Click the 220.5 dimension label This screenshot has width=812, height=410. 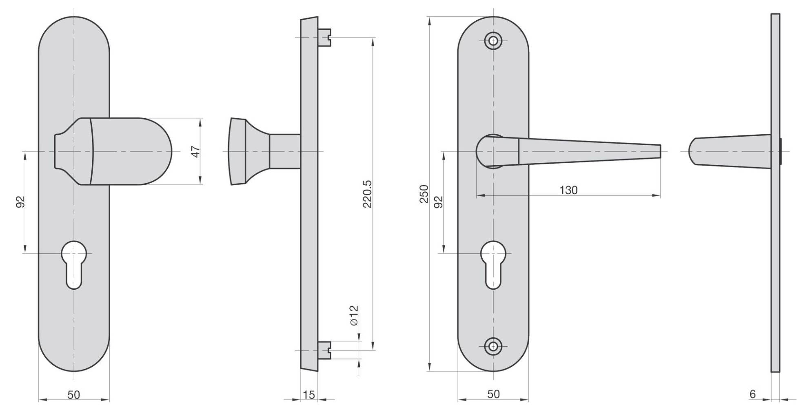pos(367,194)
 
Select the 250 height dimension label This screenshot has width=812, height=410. pos(424,194)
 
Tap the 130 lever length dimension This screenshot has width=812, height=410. pos(568,190)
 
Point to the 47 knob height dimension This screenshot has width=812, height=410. pos(196,151)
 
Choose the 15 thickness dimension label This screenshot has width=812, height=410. pos(309,394)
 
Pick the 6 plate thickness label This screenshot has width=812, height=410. pos(752,394)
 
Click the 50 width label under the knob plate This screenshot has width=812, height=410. pos(74,394)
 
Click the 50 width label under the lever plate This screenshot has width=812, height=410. pos(493,394)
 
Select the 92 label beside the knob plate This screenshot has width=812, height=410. pos(20,202)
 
